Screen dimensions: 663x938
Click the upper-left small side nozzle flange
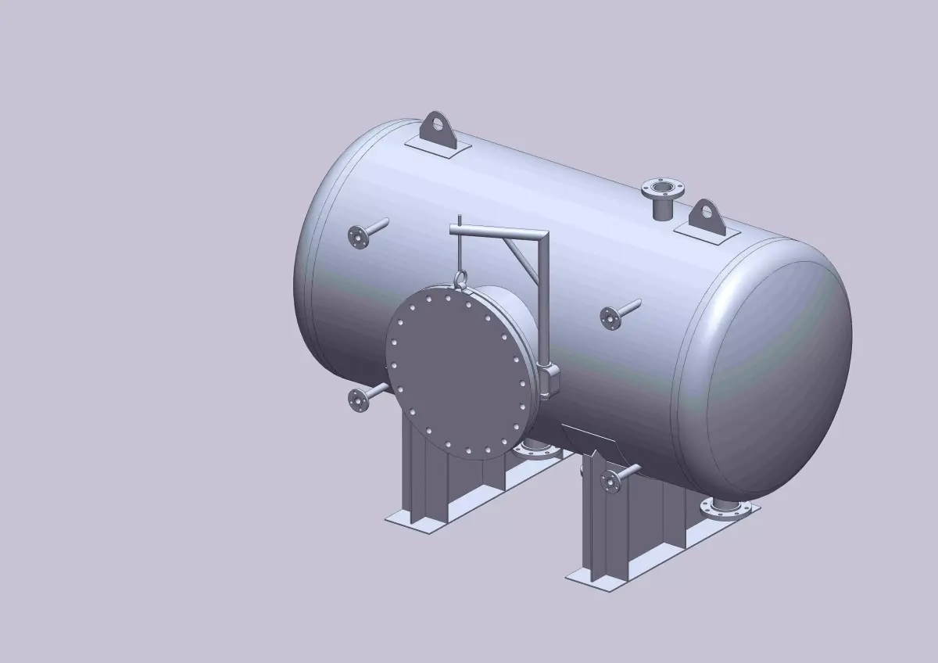[x=357, y=235]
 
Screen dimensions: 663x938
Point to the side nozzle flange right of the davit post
[x=610, y=317]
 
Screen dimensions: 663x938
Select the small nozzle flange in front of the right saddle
[x=610, y=480]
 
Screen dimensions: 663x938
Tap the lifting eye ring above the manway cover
[x=460, y=278]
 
